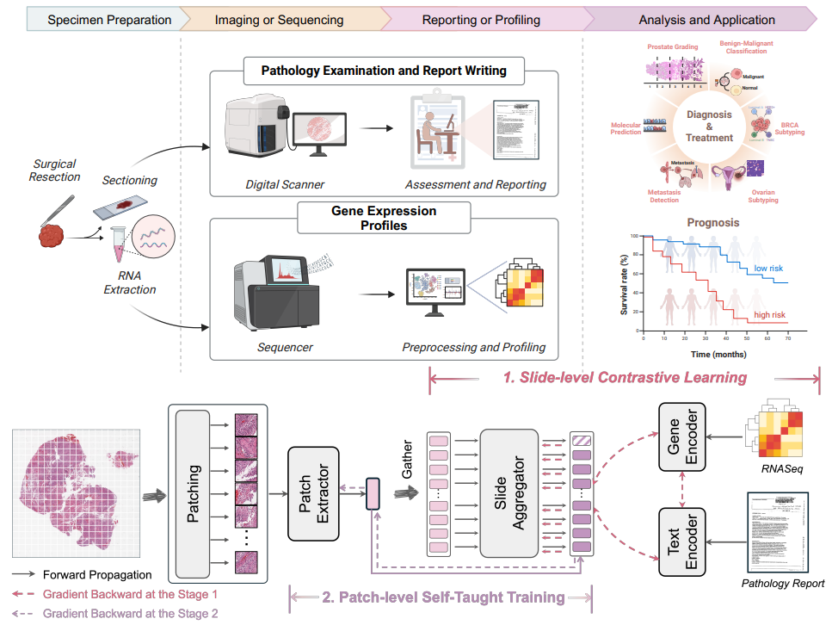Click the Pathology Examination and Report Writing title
(x=384, y=71)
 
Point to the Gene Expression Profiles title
(x=384, y=218)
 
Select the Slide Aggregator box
(x=508, y=493)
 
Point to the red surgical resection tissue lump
(x=53, y=235)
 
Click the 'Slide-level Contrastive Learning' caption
(x=625, y=377)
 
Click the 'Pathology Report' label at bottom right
(x=782, y=584)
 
